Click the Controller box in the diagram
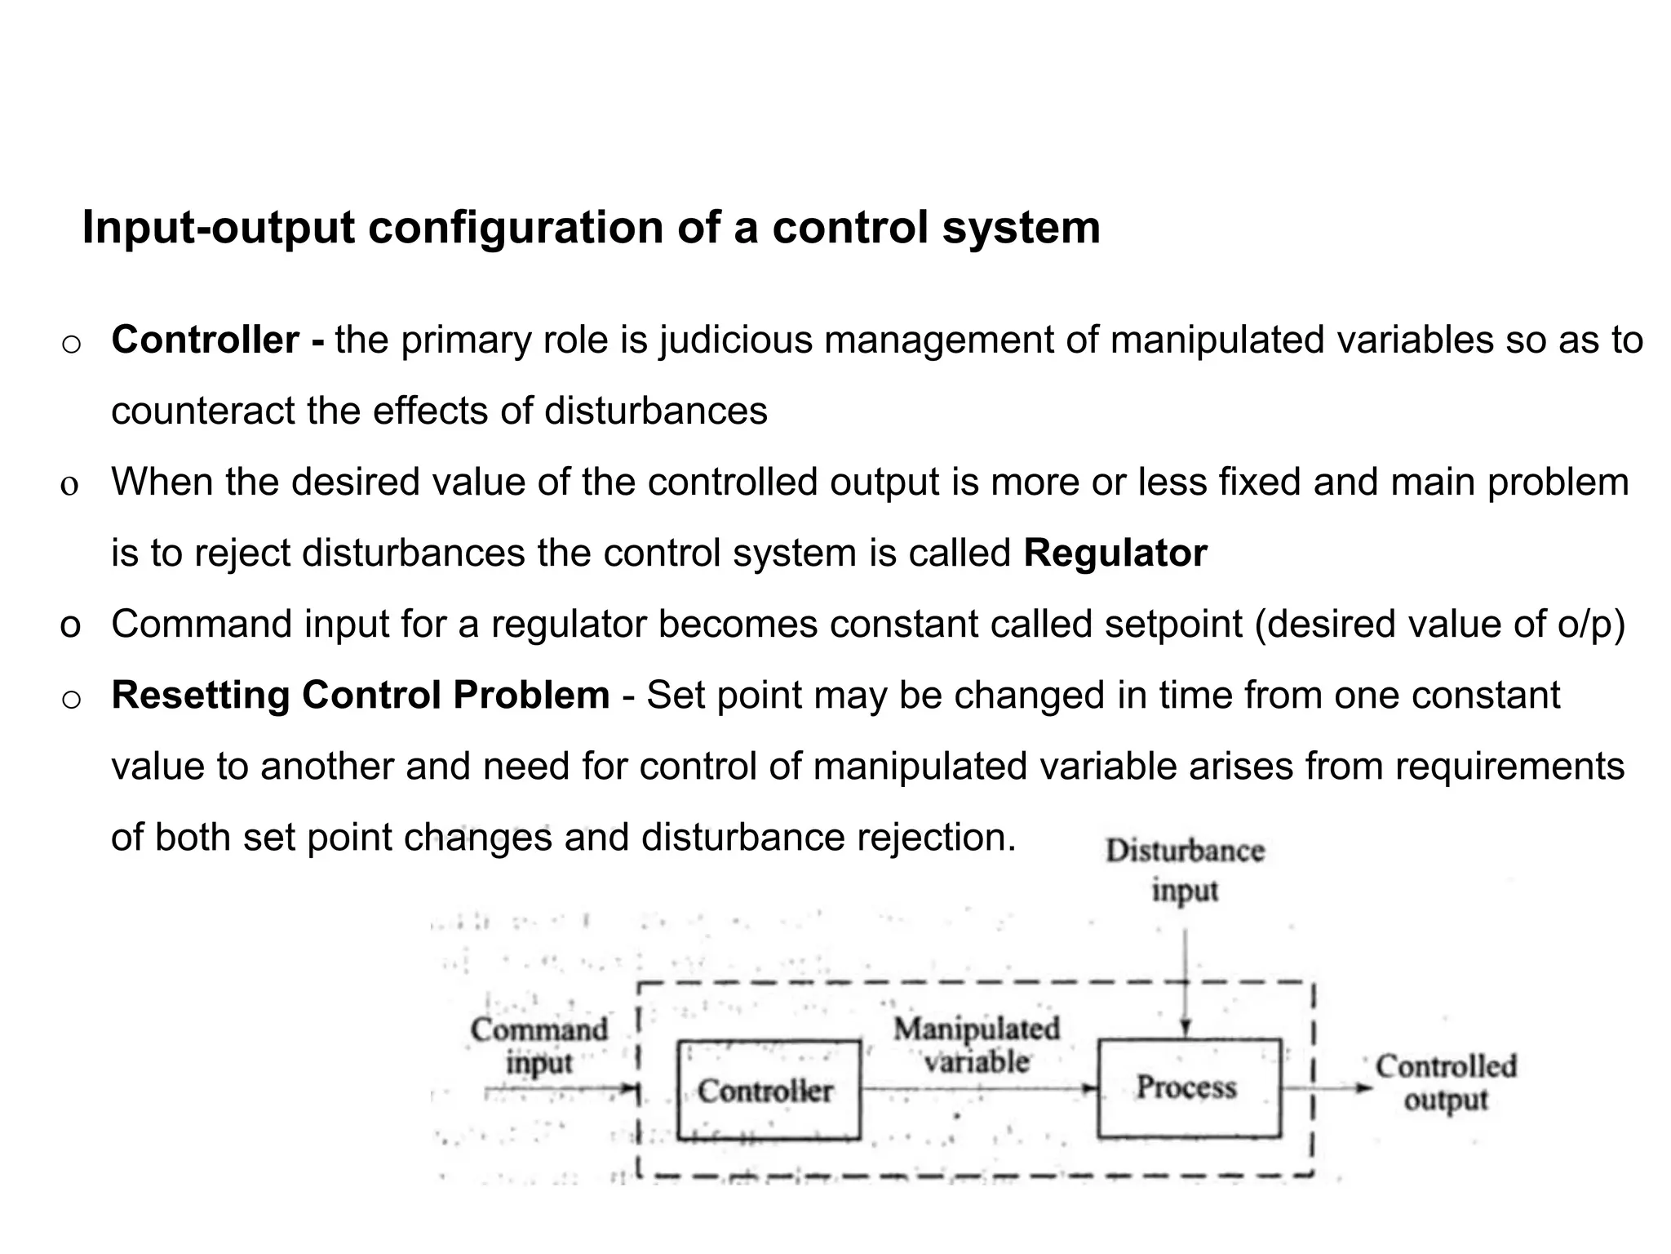(x=768, y=1090)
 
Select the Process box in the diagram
(x=1188, y=1087)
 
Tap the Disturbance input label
(x=1185, y=869)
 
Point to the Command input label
(x=539, y=1046)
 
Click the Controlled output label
(x=1446, y=1083)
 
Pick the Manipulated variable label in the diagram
(x=977, y=1045)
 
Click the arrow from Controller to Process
(x=979, y=1088)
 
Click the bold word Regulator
(x=1115, y=553)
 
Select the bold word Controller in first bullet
(x=206, y=340)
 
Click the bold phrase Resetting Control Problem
(x=361, y=696)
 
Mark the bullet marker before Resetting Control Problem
(x=71, y=699)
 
